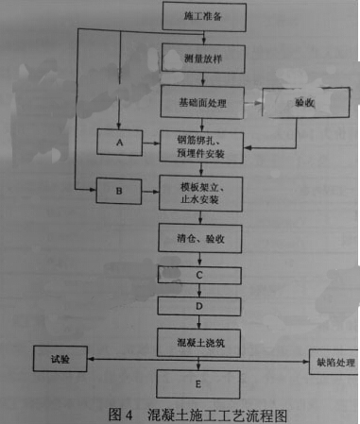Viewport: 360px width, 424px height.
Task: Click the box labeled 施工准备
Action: coord(204,17)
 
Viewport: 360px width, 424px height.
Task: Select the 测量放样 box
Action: coord(203,59)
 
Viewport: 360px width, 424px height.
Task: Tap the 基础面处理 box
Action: coord(202,102)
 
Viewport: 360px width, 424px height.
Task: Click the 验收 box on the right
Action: coord(306,103)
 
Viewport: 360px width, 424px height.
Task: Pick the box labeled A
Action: coord(119,143)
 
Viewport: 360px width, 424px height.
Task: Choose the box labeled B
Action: coord(119,191)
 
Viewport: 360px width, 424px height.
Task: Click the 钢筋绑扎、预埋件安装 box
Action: coord(201,147)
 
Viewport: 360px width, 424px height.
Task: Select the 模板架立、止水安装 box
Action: coord(200,194)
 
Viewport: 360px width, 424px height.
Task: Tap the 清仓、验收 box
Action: coord(200,238)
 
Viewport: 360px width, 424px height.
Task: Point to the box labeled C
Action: coord(199,276)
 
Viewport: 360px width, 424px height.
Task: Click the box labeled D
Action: coord(199,306)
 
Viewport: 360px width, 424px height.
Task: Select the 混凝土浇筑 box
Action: coord(198,343)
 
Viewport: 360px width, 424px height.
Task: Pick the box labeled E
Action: coord(198,384)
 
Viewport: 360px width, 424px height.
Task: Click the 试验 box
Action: coord(60,359)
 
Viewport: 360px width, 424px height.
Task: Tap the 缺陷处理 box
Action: coord(334,362)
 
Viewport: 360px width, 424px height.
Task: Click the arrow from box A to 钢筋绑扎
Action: coord(151,144)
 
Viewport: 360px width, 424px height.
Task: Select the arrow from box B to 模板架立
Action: coord(150,192)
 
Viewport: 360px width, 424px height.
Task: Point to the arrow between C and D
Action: coord(199,291)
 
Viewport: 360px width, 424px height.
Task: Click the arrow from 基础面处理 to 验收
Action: coord(253,103)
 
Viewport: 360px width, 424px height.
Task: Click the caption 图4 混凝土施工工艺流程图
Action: coord(197,415)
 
